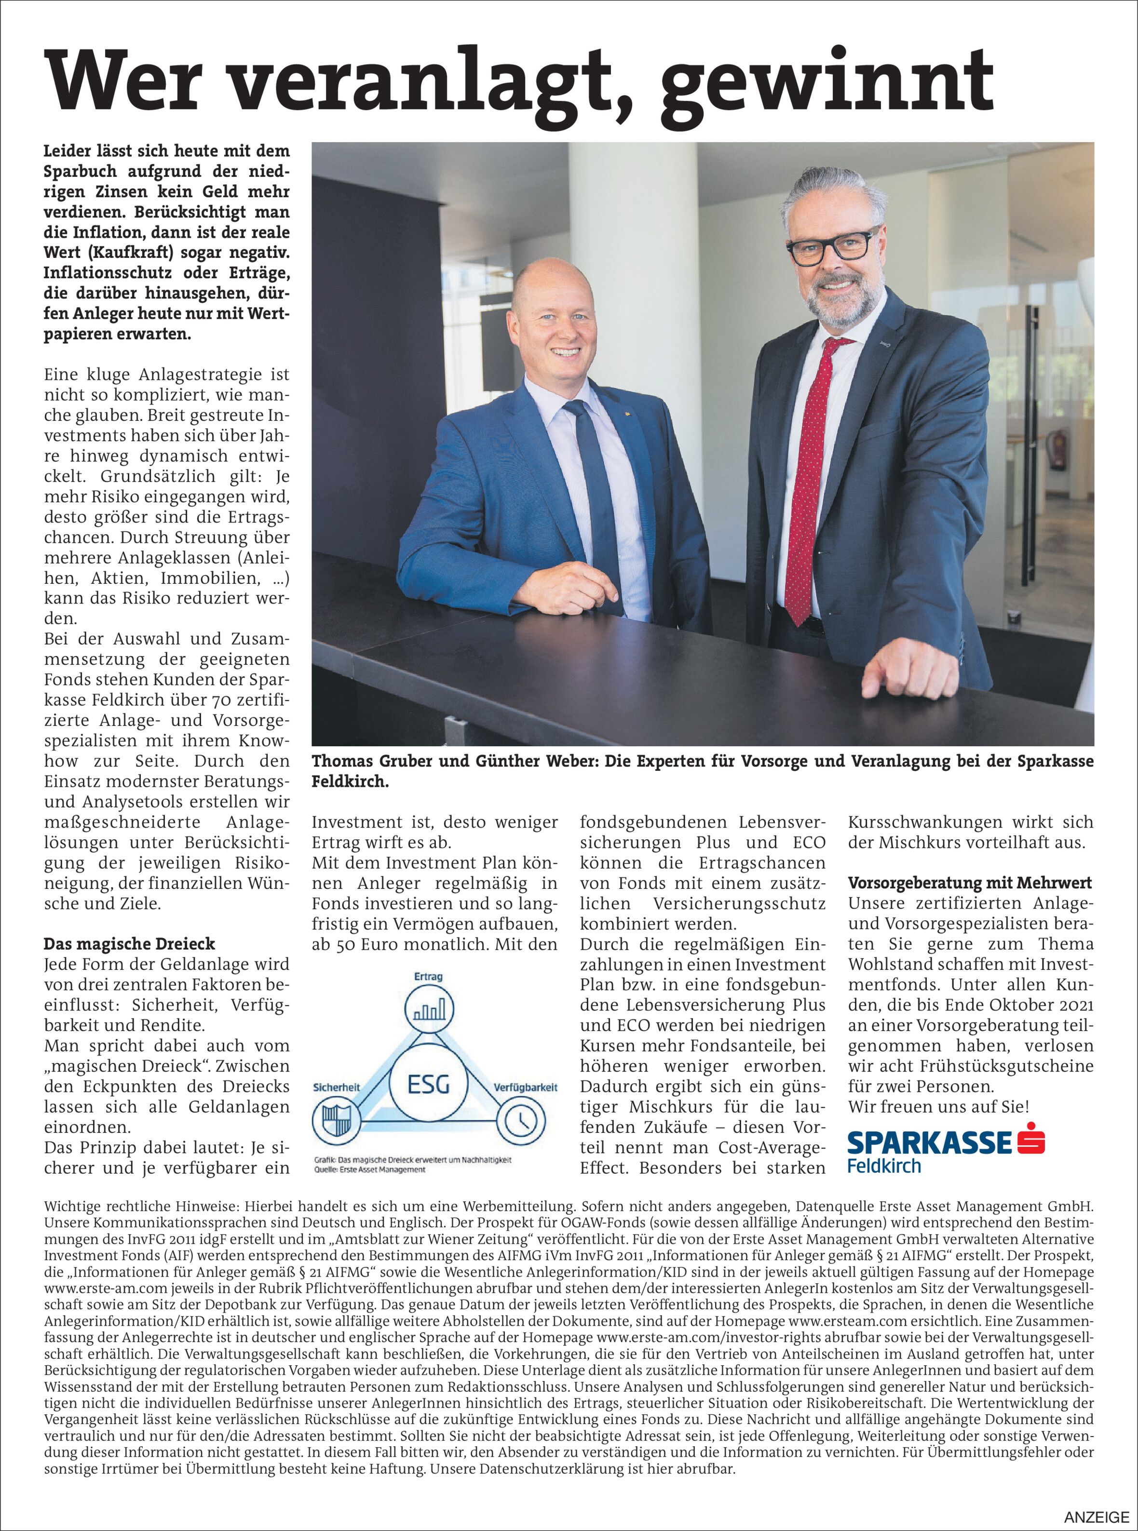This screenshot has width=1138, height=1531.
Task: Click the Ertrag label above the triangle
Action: [429, 977]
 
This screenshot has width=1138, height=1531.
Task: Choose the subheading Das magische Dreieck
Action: [130, 943]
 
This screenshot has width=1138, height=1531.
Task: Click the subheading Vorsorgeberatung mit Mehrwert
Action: [970, 883]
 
